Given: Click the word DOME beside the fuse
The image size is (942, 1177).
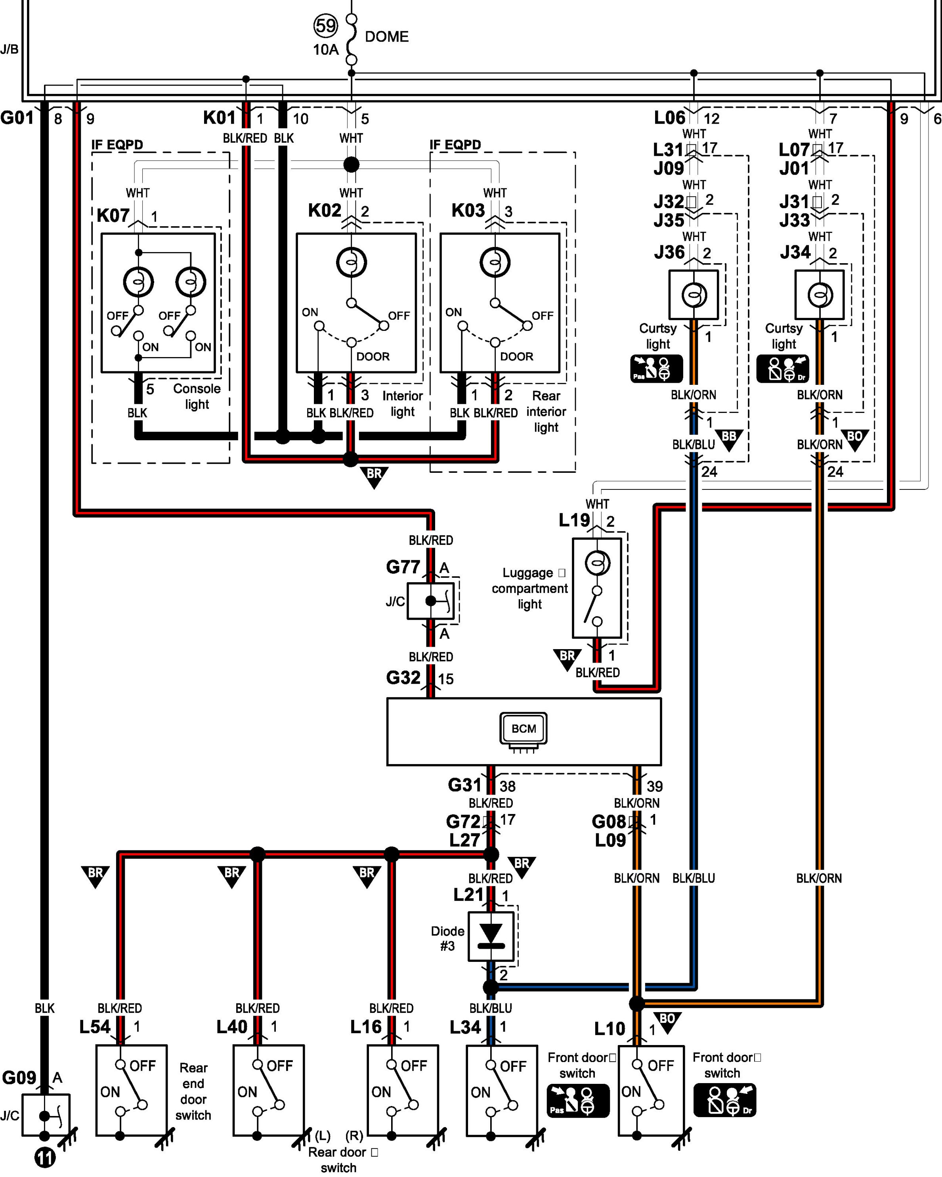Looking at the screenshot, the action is pos(386,36).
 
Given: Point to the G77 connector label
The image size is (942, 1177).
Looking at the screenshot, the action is pos(403,567).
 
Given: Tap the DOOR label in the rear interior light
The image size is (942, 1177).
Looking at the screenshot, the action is pos(516,357).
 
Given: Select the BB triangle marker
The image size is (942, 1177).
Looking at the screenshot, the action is pos(729,439).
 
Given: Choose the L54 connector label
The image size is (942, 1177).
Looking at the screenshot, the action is pos(95,1027).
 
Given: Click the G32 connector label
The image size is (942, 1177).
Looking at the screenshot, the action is pos(403,678).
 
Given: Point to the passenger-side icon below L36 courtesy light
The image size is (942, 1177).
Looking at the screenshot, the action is pos(657,369).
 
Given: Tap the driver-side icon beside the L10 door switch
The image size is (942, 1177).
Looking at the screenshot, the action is pos(725,1100).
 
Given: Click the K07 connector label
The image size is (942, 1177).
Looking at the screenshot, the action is pos(113,216).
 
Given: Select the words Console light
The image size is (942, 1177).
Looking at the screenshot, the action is pos(197,396).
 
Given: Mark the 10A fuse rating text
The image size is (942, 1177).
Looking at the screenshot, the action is pos(326,50).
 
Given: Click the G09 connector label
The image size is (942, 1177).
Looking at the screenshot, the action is pos(19,1078).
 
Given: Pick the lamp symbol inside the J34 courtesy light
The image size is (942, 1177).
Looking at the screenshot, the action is pos(820,295).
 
